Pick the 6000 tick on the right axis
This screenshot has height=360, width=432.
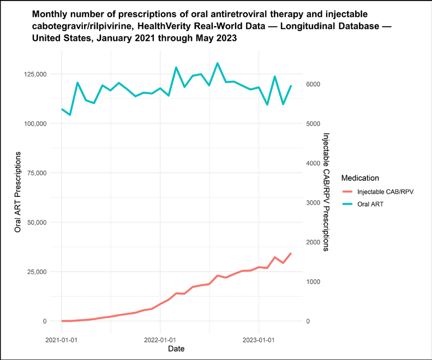[x=313, y=85]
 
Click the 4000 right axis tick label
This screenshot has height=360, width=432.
[x=313, y=163]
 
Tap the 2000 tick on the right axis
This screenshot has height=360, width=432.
[x=313, y=242]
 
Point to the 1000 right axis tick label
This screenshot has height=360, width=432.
[x=313, y=281]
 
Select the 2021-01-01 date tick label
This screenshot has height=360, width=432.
[x=62, y=340]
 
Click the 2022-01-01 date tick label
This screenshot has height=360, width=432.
[x=160, y=340]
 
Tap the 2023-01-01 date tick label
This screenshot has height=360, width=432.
[x=259, y=340]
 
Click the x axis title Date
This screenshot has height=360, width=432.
[x=176, y=349]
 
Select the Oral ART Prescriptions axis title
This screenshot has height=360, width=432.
[x=17, y=192]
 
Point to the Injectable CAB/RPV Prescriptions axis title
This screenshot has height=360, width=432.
[x=326, y=192]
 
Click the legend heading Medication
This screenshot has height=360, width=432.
[x=360, y=178]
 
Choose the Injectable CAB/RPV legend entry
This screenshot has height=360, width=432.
[x=378, y=191]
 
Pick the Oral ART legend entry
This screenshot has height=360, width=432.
[x=363, y=204]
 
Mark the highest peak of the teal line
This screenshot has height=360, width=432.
[x=218, y=63]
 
